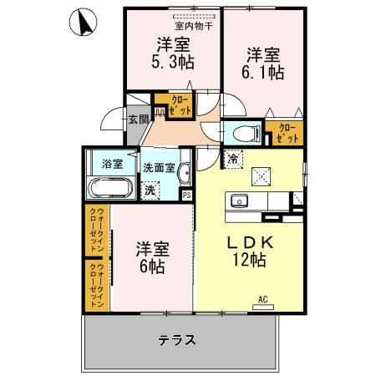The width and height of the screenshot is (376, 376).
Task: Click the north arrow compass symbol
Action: click(85, 22)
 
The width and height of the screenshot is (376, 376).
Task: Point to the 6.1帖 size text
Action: click(264, 73)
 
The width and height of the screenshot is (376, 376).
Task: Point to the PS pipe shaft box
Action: click(186, 196)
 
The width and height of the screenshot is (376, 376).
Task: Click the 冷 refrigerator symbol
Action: click(231, 157)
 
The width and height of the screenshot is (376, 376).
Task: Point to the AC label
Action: click(262, 298)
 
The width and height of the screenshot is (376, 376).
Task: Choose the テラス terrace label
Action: click(177, 340)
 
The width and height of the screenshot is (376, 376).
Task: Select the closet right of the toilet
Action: click(285, 132)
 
